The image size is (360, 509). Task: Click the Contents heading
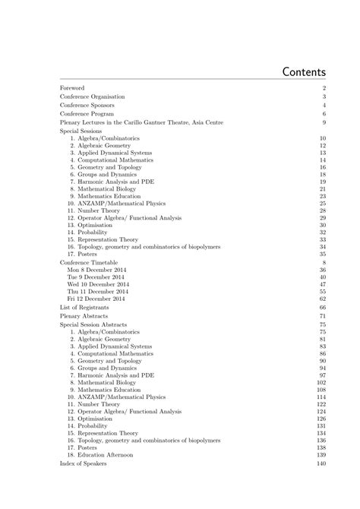[303, 72]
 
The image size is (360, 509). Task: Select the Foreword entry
[72, 88]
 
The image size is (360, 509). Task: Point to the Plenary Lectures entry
[152, 122]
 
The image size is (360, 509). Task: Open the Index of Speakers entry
[84, 463]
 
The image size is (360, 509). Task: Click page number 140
[321, 463]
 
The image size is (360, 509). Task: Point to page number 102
[321, 382]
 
